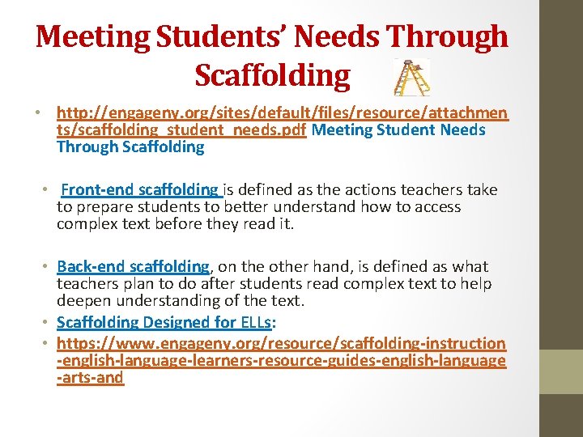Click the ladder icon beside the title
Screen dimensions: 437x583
411,77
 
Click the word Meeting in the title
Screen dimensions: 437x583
95,36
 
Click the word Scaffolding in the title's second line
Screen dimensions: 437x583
272,75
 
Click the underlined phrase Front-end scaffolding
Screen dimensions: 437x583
140,190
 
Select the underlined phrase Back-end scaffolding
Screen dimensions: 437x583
133,266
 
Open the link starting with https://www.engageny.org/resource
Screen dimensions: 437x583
281,343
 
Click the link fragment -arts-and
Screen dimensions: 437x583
90,378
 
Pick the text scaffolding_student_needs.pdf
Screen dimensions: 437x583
182,130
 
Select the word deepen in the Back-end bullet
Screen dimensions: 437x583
82,301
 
